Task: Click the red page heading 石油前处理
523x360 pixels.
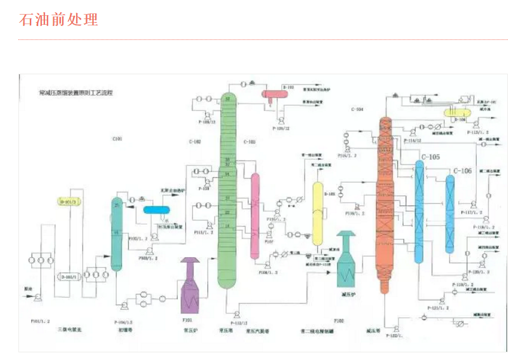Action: (x=59, y=20)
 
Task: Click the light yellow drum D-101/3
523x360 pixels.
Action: (x=72, y=201)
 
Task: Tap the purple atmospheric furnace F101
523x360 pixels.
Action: (x=191, y=285)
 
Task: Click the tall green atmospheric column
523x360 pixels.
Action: (x=228, y=190)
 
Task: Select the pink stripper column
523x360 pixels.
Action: (x=255, y=216)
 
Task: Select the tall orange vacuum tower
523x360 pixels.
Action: (x=385, y=203)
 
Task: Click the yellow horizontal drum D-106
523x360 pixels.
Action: (x=455, y=112)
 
